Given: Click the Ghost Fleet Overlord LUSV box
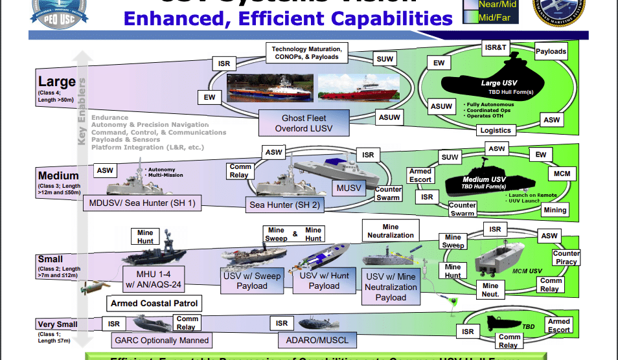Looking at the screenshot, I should click(304, 124).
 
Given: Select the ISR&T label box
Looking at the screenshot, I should click(496, 47).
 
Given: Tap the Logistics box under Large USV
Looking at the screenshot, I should click(496, 130).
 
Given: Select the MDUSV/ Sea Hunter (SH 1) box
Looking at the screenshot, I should click(141, 203).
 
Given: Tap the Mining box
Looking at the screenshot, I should click(555, 210).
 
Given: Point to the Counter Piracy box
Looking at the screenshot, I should click(566, 258).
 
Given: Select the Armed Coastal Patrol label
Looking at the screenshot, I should click(154, 303).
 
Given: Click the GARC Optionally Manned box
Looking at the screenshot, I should click(161, 340).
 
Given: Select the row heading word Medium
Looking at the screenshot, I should click(58, 175).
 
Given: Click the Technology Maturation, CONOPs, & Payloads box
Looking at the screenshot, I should click(306, 54).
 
